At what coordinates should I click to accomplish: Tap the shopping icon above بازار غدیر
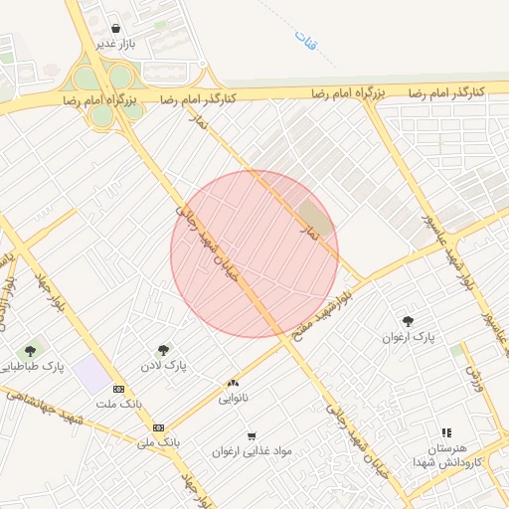[x=117, y=29]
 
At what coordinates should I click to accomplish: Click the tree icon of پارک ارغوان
[x=408, y=321]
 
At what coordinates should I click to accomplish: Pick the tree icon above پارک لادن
[x=163, y=350]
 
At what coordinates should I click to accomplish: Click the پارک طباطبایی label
[x=32, y=366]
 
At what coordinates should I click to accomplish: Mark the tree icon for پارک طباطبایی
[x=30, y=350]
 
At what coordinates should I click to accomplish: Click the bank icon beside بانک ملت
[x=119, y=389]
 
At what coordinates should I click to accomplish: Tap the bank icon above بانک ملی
[x=158, y=426]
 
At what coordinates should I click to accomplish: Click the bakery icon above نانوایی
[x=234, y=383]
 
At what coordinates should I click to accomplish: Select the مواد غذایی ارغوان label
[x=252, y=451]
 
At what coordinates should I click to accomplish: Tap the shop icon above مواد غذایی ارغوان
[x=252, y=435]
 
